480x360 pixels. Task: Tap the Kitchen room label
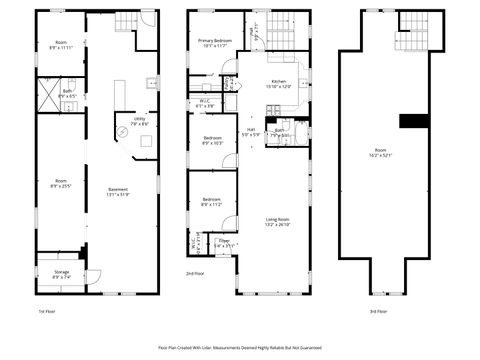point(279,84)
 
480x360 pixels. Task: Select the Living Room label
point(278,221)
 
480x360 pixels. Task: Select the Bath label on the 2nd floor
point(281,131)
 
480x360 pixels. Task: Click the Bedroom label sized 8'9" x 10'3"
point(212,140)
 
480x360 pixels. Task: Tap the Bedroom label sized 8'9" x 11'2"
point(212,201)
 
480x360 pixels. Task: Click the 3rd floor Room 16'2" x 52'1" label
point(378,151)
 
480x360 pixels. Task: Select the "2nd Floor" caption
point(195,272)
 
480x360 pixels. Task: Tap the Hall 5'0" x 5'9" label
point(252,133)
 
